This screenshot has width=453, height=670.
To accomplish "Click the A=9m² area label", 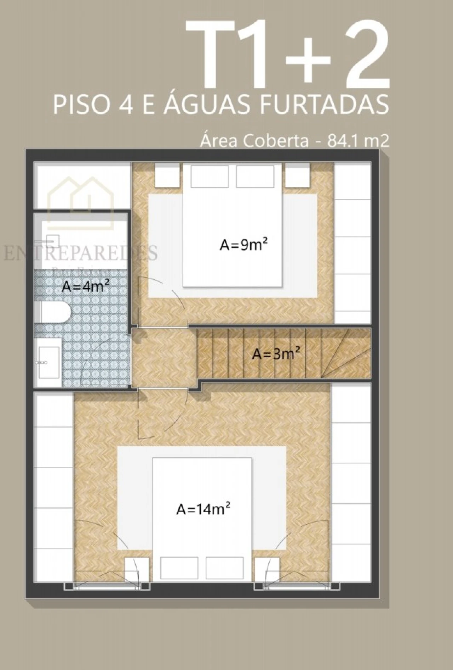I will (243, 244).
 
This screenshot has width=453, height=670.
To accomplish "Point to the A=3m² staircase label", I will (276, 353).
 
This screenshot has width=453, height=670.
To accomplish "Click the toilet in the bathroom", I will (55, 312).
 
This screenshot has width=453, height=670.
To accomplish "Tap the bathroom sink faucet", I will (41, 363).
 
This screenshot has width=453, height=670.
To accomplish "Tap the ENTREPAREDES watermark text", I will (80, 253).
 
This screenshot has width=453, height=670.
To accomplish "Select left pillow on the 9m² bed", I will (209, 176).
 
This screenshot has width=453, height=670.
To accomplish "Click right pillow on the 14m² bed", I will (224, 568).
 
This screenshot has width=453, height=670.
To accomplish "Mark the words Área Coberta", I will (254, 141).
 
